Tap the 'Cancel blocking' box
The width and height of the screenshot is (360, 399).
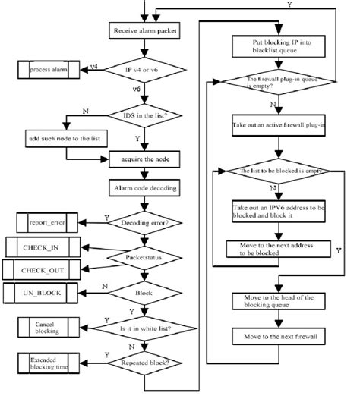click(45, 326)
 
